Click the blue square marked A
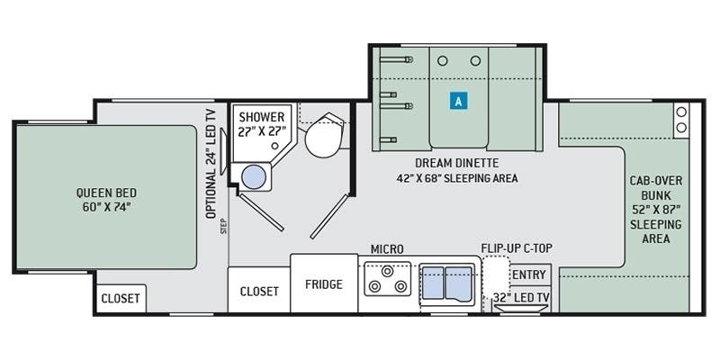(x=458, y=101)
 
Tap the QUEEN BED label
(x=106, y=200)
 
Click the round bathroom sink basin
(x=254, y=177)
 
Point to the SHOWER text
(x=262, y=117)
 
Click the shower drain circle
(x=274, y=146)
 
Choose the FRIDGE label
(x=324, y=284)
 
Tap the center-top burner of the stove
(x=388, y=272)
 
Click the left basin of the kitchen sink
(x=433, y=283)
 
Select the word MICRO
(x=387, y=249)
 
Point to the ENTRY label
(x=529, y=275)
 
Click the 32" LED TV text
(x=521, y=298)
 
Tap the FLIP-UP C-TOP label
(x=517, y=248)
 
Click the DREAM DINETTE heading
(x=457, y=163)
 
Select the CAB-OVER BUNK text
(x=656, y=187)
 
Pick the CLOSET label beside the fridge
(x=259, y=292)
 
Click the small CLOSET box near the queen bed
(x=121, y=299)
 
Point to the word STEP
(x=223, y=227)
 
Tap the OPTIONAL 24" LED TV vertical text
(x=211, y=163)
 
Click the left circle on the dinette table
(x=442, y=60)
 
